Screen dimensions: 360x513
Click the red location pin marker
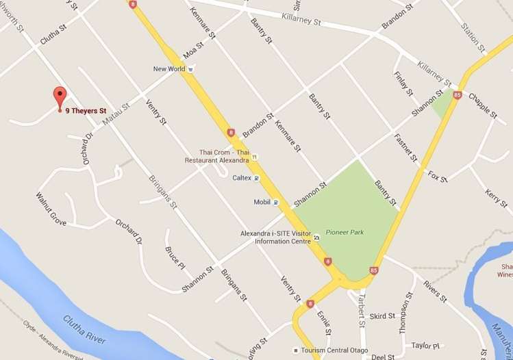click(x=60, y=97)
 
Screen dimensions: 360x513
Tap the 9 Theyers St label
click(x=86, y=110)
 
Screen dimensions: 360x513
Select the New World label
click(x=169, y=68)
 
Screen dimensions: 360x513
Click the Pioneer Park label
click(x=345, y=232)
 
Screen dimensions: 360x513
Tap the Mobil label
click(x=262, y=203)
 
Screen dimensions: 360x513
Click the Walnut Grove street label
click(x=51, y=209)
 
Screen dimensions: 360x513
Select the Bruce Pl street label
click(x=175, y=257)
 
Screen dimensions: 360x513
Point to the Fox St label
click(x=437, y=176)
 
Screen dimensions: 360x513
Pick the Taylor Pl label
click(x=425, y=346)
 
